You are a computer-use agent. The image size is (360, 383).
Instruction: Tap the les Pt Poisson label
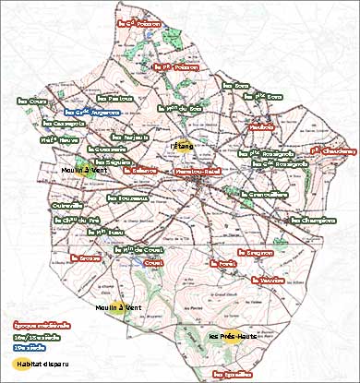(174, 67)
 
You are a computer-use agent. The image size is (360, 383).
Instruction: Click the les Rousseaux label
(129, 197)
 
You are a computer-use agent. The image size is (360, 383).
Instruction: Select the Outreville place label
(67, 206)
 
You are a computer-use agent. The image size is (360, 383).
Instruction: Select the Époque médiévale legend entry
(42, 326)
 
